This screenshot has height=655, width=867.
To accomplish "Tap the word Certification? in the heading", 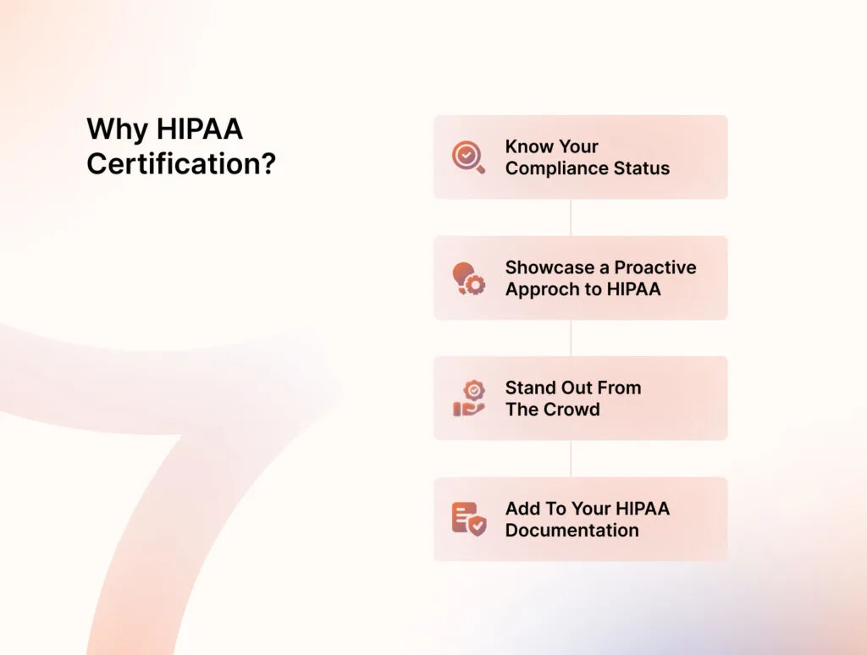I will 181,163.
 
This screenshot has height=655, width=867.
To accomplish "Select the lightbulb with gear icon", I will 468,278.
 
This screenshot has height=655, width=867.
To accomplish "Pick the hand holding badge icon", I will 468,399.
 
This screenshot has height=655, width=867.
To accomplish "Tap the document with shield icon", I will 468,519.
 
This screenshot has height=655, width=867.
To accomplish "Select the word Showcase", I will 549,267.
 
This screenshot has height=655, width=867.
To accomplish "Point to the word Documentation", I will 572,531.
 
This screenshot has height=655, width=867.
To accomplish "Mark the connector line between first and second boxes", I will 571,217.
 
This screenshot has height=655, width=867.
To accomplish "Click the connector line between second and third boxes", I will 571,338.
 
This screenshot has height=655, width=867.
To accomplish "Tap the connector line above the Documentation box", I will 571,459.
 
